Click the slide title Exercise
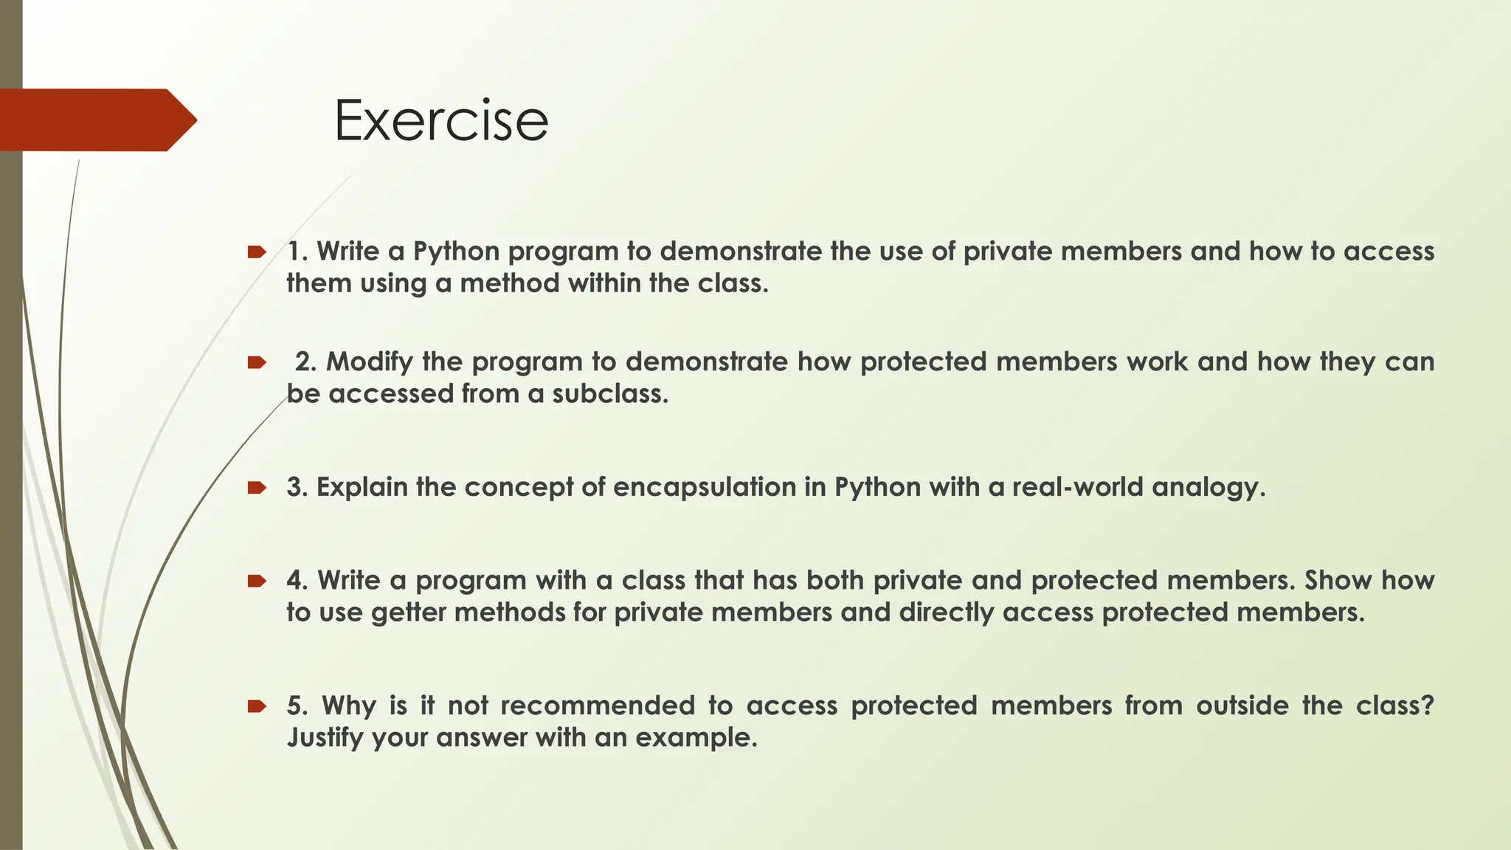440,120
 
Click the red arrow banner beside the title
96,120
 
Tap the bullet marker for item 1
256,252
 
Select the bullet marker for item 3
256,488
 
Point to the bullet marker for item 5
256,706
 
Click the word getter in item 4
409,613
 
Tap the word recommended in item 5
598,706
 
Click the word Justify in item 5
325,738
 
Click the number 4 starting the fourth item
295,581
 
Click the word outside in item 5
1242,706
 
